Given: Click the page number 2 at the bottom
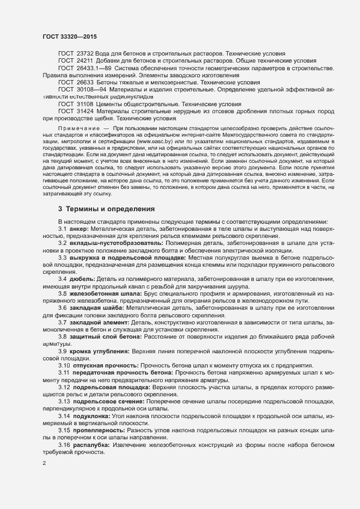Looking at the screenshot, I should [x=44, y=463].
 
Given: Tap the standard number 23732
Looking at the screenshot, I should [x=85, y=54].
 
